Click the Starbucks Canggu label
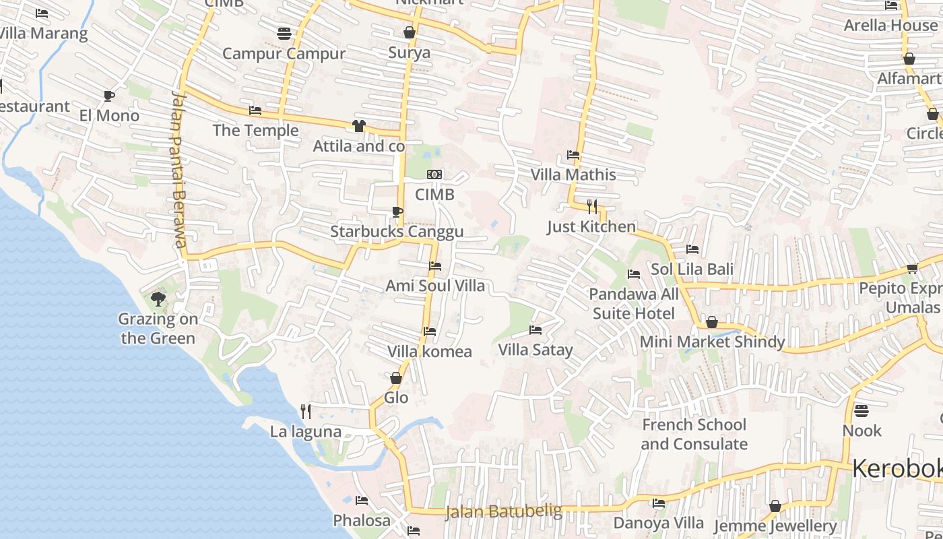(x=397, y=232)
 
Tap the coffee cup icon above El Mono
(x=109, y=96)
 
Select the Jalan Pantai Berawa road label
(x=178, y=168)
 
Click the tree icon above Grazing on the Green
(x=158, y=298)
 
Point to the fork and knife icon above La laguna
(x=306, y=411)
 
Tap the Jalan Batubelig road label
(x=503, y=511)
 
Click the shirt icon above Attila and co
(x=358, y=126)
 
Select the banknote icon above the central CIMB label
(x=434, y=175)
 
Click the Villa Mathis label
(x=573, y=175)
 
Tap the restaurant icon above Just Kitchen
(x=591, y=206)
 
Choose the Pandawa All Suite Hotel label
(x=634, y=304)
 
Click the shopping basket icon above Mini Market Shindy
(x=712, y=322)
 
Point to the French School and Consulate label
(x=694, y=435)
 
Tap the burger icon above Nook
(x=861, y=410)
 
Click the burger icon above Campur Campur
(x=284, y=34)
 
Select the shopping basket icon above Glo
(x=396, y=378)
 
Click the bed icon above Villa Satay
(x=535, y=330)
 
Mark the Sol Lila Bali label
(x=692, y=269)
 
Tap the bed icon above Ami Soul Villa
(x=435, y=266)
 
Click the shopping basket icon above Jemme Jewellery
(x=775, y=506)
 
